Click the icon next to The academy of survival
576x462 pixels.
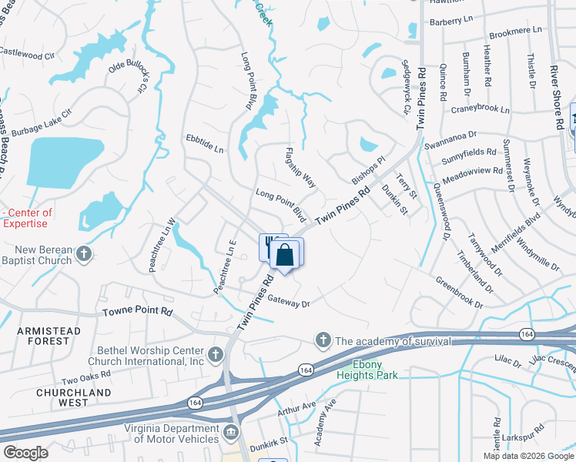323,340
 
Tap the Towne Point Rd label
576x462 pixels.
139,311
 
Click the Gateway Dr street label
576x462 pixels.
288,303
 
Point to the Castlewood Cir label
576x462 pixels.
28,55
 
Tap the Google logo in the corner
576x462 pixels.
26,453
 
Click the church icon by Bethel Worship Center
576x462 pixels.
216,354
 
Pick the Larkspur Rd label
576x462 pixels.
544,445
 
